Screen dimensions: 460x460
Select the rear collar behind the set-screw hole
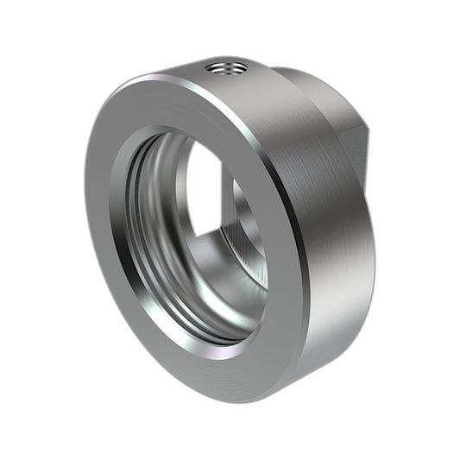(x=302, y=86)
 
